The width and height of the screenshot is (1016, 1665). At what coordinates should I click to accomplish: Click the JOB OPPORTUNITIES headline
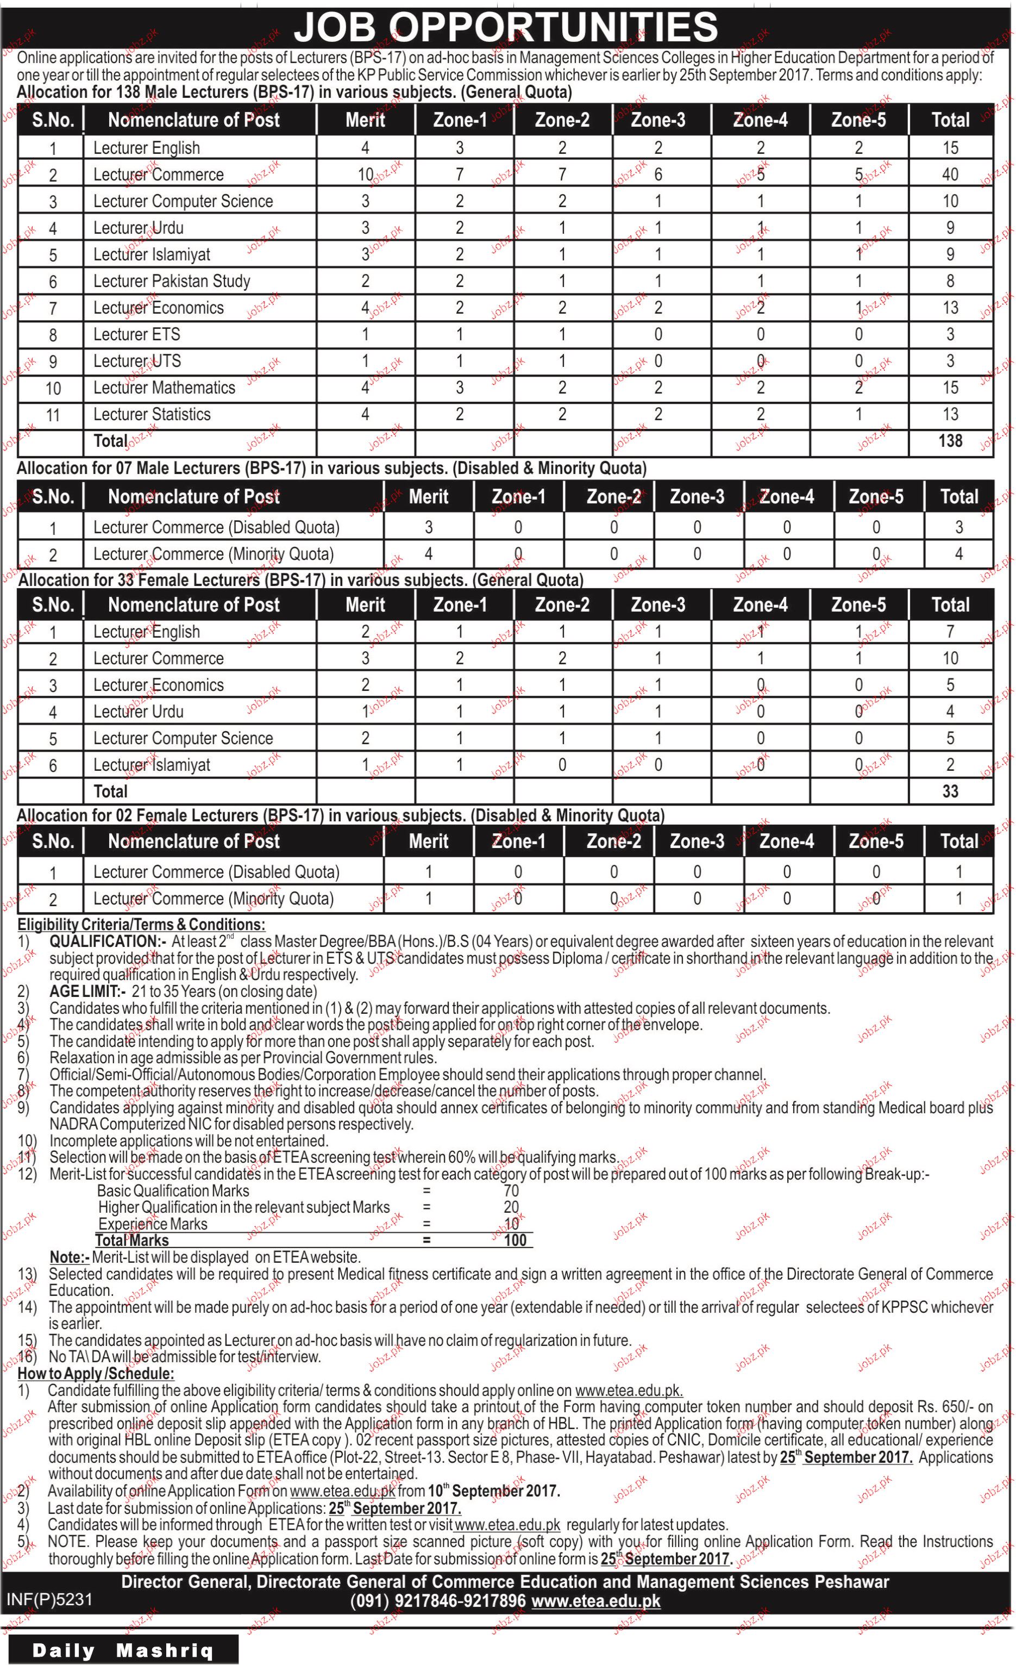(x=507, y=28)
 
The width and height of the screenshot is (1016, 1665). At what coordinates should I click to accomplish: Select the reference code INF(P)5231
(x=49, y=1599)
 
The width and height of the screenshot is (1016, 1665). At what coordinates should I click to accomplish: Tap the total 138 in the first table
(x=950, y=441)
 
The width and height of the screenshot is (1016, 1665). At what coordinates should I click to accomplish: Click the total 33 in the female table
(x=950, y=791)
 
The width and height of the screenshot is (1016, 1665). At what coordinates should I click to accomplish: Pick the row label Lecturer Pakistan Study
(x=172, y=281)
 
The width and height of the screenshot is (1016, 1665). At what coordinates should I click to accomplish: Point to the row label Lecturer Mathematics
(x=164, y=388)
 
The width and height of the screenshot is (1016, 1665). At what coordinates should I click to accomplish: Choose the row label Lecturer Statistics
(x=152, y=414)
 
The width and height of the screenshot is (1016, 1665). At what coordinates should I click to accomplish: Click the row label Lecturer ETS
(x=136, y=334)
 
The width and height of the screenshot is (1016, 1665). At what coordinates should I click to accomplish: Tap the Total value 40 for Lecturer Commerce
(x=950, y=174)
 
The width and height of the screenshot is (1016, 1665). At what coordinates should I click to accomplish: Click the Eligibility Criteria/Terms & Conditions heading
(x=141, y=925)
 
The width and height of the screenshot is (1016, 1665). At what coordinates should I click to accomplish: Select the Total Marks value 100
(x=515, y=1240)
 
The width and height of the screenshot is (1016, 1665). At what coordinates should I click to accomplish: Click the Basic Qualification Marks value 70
(x=511, y=1190)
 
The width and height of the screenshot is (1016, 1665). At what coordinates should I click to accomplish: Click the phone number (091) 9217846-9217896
(x=438, y=1601)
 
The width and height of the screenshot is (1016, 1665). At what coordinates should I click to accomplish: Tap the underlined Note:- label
(x=70, y=1257)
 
